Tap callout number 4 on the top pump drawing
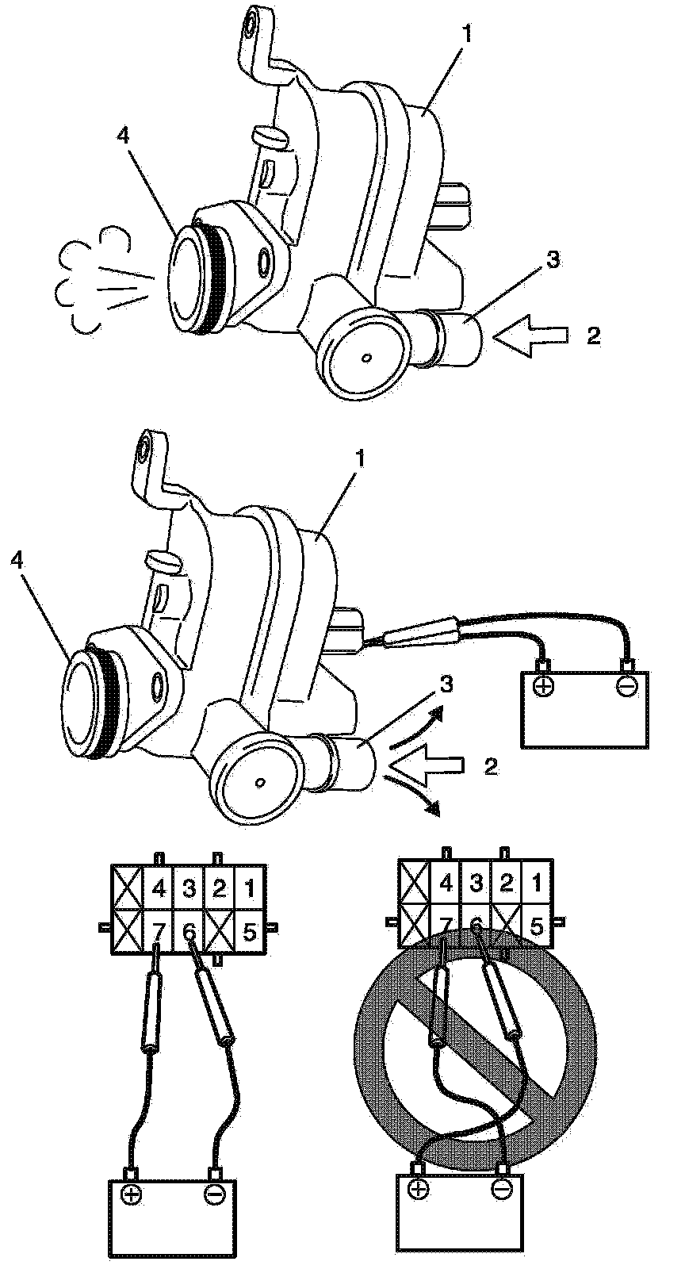122,136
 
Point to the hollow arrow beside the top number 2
530,336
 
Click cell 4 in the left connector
159,888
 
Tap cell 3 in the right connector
476,882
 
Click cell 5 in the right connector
537,925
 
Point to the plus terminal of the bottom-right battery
417,1188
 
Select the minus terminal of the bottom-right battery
501,1188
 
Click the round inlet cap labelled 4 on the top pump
190,277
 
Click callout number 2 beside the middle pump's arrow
491,767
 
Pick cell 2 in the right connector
507,882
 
